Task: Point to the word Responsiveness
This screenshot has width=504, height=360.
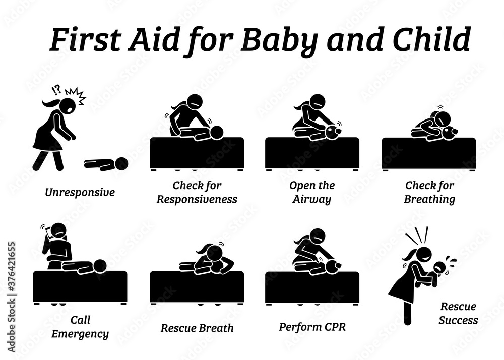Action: tap(197, 199)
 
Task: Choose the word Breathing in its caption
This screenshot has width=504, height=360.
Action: tap(429, 199)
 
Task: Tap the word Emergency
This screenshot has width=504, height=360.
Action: tap(80, 333)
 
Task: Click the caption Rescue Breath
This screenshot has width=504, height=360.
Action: tap(197, 328)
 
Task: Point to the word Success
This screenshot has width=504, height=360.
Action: tap(459, 320)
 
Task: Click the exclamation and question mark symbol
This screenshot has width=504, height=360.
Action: tap(56, 91)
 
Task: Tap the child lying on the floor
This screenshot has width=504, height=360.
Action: tap(106, 164)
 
